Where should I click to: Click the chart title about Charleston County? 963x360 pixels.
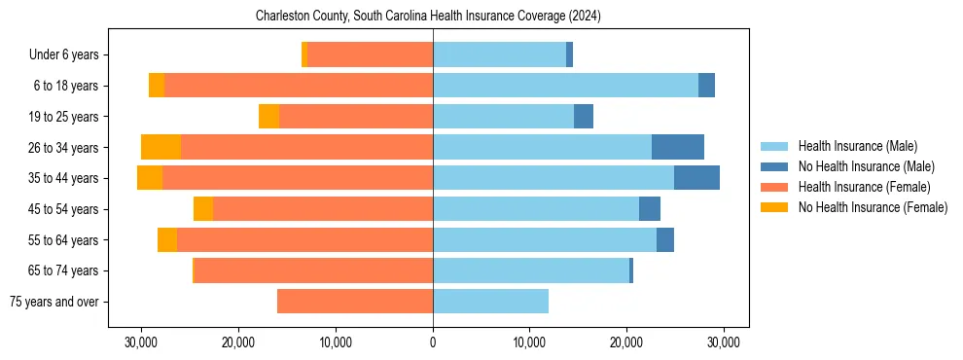click(x=428, y=17)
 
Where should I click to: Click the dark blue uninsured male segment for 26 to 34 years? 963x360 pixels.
click(x=677, y=147)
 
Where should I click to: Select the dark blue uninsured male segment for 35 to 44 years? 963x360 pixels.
click(x=696, y=178)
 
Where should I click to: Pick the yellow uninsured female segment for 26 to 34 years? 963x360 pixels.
click(x=160, y=147)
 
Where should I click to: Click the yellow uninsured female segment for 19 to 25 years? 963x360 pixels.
click(x=268, y=117)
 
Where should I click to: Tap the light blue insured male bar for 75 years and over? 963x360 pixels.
click(x=490, y=302)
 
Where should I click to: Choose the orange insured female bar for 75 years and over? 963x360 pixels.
click(x=355, y=302)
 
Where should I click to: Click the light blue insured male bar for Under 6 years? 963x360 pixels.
click(x=499, y=55)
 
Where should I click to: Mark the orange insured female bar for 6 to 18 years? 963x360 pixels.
click(x=299, y=86)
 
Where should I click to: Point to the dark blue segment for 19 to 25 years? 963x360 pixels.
click(x=584, y=117)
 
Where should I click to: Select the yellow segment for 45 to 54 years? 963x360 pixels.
click(x=203, y=209)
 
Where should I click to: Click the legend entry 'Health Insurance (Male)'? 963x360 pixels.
click(x=857, y=146)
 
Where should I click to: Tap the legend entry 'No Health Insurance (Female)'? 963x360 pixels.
click(x=873, y=207)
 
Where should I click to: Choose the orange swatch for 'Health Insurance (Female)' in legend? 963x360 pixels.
click(x=774, y=187)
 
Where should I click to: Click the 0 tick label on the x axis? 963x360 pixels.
click(x=433, y=342)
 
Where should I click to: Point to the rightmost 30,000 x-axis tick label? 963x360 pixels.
click(x=724, y=342)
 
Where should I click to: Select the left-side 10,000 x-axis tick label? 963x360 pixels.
click(x=336, y=342)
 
